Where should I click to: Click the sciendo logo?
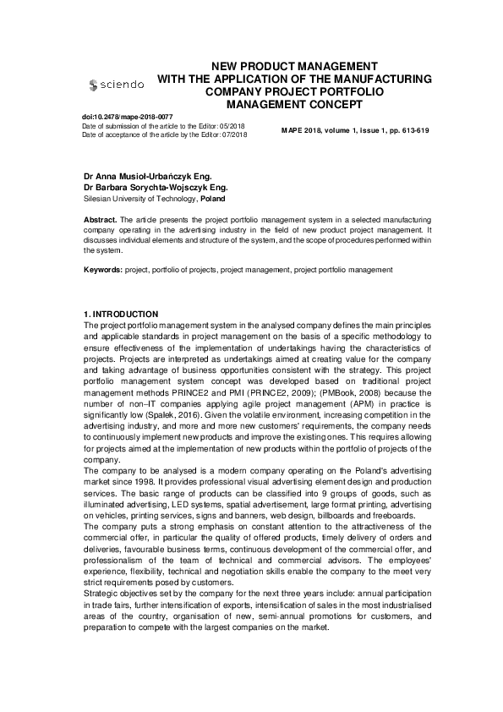(117, 85)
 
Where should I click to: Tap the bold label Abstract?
(100, 219)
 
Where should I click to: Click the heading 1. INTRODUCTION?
(121, 314)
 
